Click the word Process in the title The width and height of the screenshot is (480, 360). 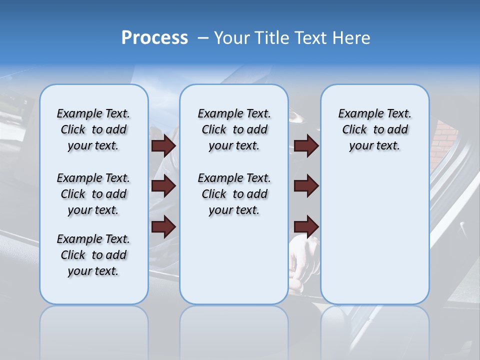coord(154,38)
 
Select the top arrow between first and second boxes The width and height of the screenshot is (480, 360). coord(163,146)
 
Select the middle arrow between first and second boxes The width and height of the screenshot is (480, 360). coord(163,186)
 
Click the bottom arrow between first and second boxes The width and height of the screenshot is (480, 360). coord(163,226)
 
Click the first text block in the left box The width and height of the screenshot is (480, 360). coord(93,129)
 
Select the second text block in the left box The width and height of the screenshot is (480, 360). coord(93,194)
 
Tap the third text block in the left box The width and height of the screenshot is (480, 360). coord(93,255)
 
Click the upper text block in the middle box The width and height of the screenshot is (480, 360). coord(234,129)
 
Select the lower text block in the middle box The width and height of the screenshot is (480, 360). coord(234,194)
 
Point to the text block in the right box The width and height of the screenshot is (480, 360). coord(374,129)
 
